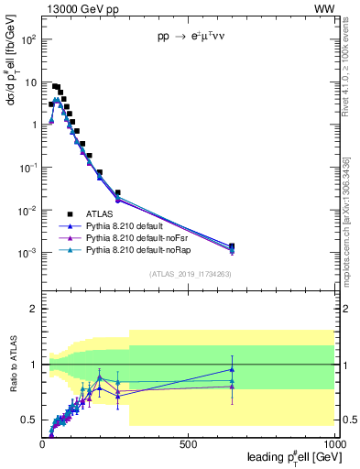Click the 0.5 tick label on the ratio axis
pos(30,420)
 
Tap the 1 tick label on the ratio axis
pos(35,365)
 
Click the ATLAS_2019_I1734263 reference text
pos(189,274)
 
